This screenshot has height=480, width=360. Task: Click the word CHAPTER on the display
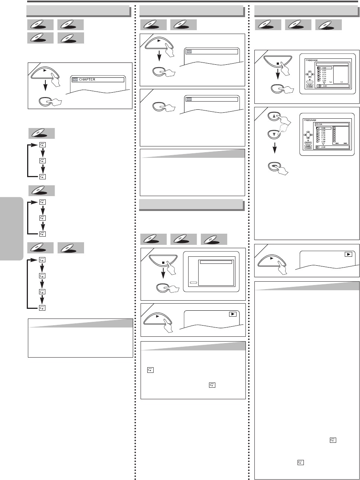87,80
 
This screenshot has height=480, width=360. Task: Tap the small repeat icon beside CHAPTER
75,80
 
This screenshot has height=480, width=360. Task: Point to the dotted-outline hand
287,129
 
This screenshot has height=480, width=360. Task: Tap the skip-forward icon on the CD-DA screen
345,143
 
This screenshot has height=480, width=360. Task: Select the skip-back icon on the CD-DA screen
337,143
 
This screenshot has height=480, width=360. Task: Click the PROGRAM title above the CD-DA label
310,120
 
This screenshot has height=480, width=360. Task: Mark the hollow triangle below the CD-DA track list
323,144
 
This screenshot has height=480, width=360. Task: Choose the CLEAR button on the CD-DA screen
308,148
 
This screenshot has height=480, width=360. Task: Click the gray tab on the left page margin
11,223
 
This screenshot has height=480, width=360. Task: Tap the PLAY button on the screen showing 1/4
309,84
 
